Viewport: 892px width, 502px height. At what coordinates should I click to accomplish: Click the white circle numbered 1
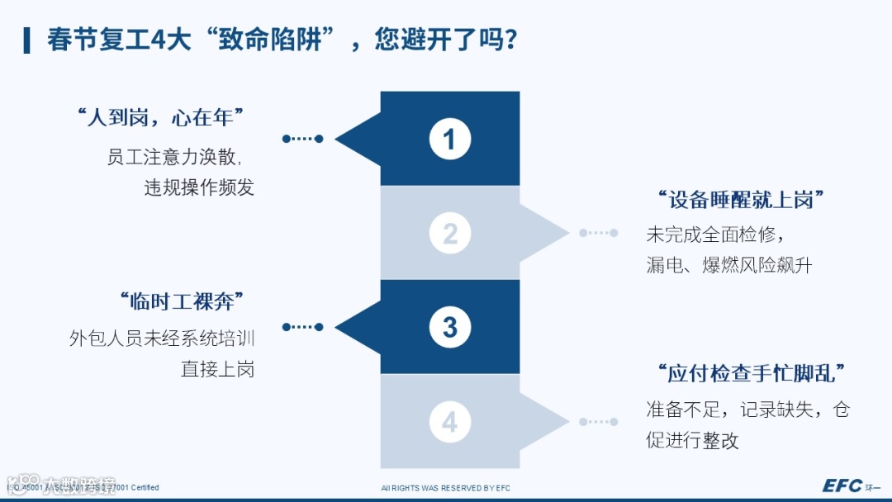(x=449, y=139)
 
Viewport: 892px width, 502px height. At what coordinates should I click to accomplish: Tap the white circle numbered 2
(x=449, y=234)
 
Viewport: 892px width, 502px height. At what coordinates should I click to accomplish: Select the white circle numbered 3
(x=449, y=328)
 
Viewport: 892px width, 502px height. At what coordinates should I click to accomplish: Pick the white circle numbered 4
(x=449, y=422)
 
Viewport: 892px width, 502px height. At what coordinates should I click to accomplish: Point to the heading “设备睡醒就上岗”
(x=742, y=201)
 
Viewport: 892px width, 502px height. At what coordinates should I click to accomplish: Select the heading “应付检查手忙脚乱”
(x=752, y=374)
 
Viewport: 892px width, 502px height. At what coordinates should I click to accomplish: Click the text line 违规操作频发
(x=199, y=187)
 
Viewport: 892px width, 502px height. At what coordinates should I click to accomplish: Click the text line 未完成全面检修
(x=712, y=234)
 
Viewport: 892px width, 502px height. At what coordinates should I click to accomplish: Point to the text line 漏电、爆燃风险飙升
(x=729, y=266)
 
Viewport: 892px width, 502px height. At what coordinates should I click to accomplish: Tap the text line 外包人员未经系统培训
(x=162, y=339)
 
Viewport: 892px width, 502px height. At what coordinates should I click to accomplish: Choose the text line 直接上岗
(x=217, y=369)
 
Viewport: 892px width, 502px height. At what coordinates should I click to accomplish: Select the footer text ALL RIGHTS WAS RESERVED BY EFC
(x=446, y=488)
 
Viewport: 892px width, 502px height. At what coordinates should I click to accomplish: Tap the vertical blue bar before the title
(x=27, y=39)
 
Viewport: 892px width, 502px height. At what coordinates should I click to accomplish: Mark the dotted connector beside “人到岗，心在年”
(x=302, y=139)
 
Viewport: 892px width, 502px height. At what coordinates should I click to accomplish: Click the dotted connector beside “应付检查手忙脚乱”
(x=599, y=422)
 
